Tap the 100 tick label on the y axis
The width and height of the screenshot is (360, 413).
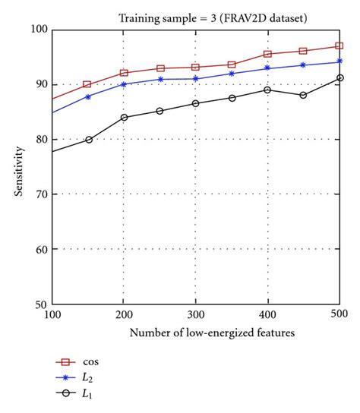click(x=39, y=30)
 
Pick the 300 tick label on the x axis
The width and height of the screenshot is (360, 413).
click(x=195, y=314)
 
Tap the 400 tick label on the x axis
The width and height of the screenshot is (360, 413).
click(x=267, y=314)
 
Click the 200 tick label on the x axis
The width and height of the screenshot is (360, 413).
click(x=124, y=314)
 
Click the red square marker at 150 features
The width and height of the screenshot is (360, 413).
click(x=88, y=84)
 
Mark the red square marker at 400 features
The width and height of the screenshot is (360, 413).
click(x=267, y=54)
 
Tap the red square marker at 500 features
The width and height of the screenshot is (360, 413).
click(x=339, y=46)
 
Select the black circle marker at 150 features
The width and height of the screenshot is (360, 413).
click(x=88, y=140)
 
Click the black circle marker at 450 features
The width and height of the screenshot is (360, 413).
click(x=303, y=95)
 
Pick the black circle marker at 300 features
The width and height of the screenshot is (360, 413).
click(x=195, y=103)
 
